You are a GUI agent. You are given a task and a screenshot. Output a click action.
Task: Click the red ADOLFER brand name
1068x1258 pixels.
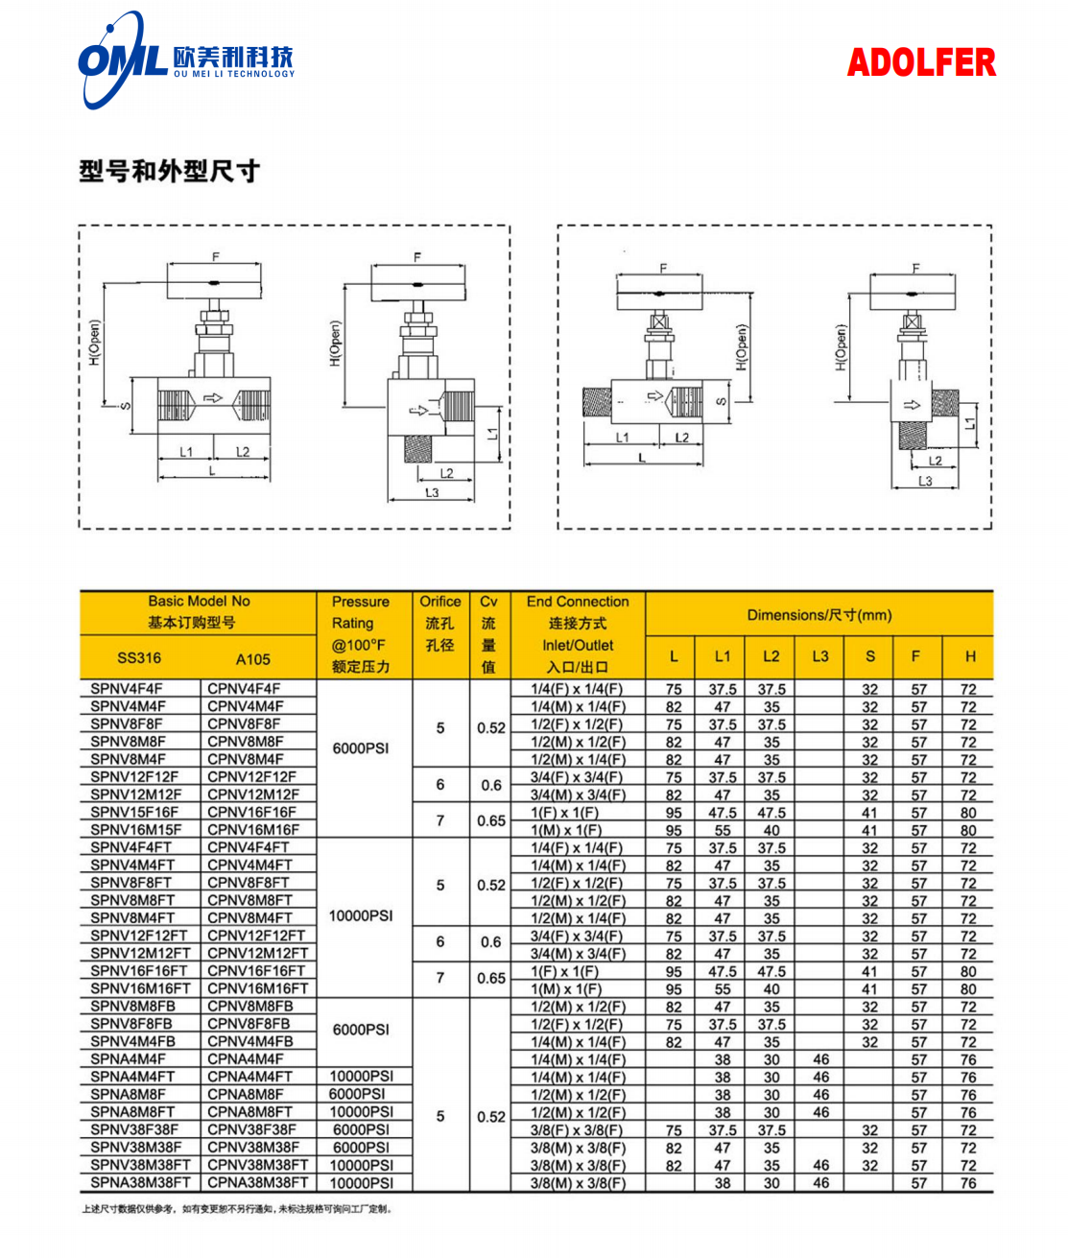pyautogui.click(x=920, y=63)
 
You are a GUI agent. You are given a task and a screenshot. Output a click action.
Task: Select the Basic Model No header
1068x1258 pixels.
pyautogui.click(x=199, y=602)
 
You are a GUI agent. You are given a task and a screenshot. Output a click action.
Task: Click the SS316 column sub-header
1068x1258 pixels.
pyautogui.click(x=139, y=658)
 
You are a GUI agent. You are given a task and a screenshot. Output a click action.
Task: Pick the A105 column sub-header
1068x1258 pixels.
pyautogui.click(x=253, y=659)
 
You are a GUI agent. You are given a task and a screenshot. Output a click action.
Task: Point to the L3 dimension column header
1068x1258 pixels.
pyautogui.click(x=819, y=657)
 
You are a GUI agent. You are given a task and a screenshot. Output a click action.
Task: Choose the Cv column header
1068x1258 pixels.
pyautogui.click(x=488, y=602)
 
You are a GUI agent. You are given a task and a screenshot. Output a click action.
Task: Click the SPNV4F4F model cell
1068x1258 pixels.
pyautogui.click(x=127, y=689)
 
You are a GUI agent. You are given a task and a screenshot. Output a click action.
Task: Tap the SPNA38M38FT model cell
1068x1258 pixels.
pyautogui.click(x=140, y=1183)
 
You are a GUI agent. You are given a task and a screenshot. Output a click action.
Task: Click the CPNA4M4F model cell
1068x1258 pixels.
pyautogui.click(x=246, y=1059)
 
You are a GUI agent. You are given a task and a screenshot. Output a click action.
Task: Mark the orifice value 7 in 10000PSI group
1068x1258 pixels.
pyautogui.click(x=440, y=978)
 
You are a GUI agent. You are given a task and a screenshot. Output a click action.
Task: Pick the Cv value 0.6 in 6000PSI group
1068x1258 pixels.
pyautogui.click(x=490, y=785)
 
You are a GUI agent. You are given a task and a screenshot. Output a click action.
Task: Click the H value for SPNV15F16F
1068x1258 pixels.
pyautogui.click(x=968, y=813)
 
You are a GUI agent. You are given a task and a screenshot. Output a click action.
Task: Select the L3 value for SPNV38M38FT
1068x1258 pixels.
pyautogui.click(x=820, y=1166)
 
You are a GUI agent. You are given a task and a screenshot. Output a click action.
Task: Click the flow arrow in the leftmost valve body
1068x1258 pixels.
pyautogui.click(x=213, y=398)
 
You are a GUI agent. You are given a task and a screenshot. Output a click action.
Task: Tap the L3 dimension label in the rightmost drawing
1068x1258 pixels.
pyautogui.click(x=924, y=481)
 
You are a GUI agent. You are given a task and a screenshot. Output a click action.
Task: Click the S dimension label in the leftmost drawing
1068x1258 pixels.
pyautogui.click(x=125, y=406)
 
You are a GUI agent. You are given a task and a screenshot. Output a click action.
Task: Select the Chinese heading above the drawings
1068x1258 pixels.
pyautogui.click(x=170, y=172)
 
